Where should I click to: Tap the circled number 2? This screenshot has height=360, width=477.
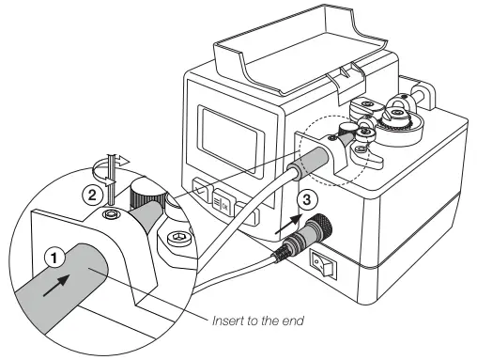(92, 196)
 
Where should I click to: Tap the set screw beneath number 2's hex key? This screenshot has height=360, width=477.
(112, 215)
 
